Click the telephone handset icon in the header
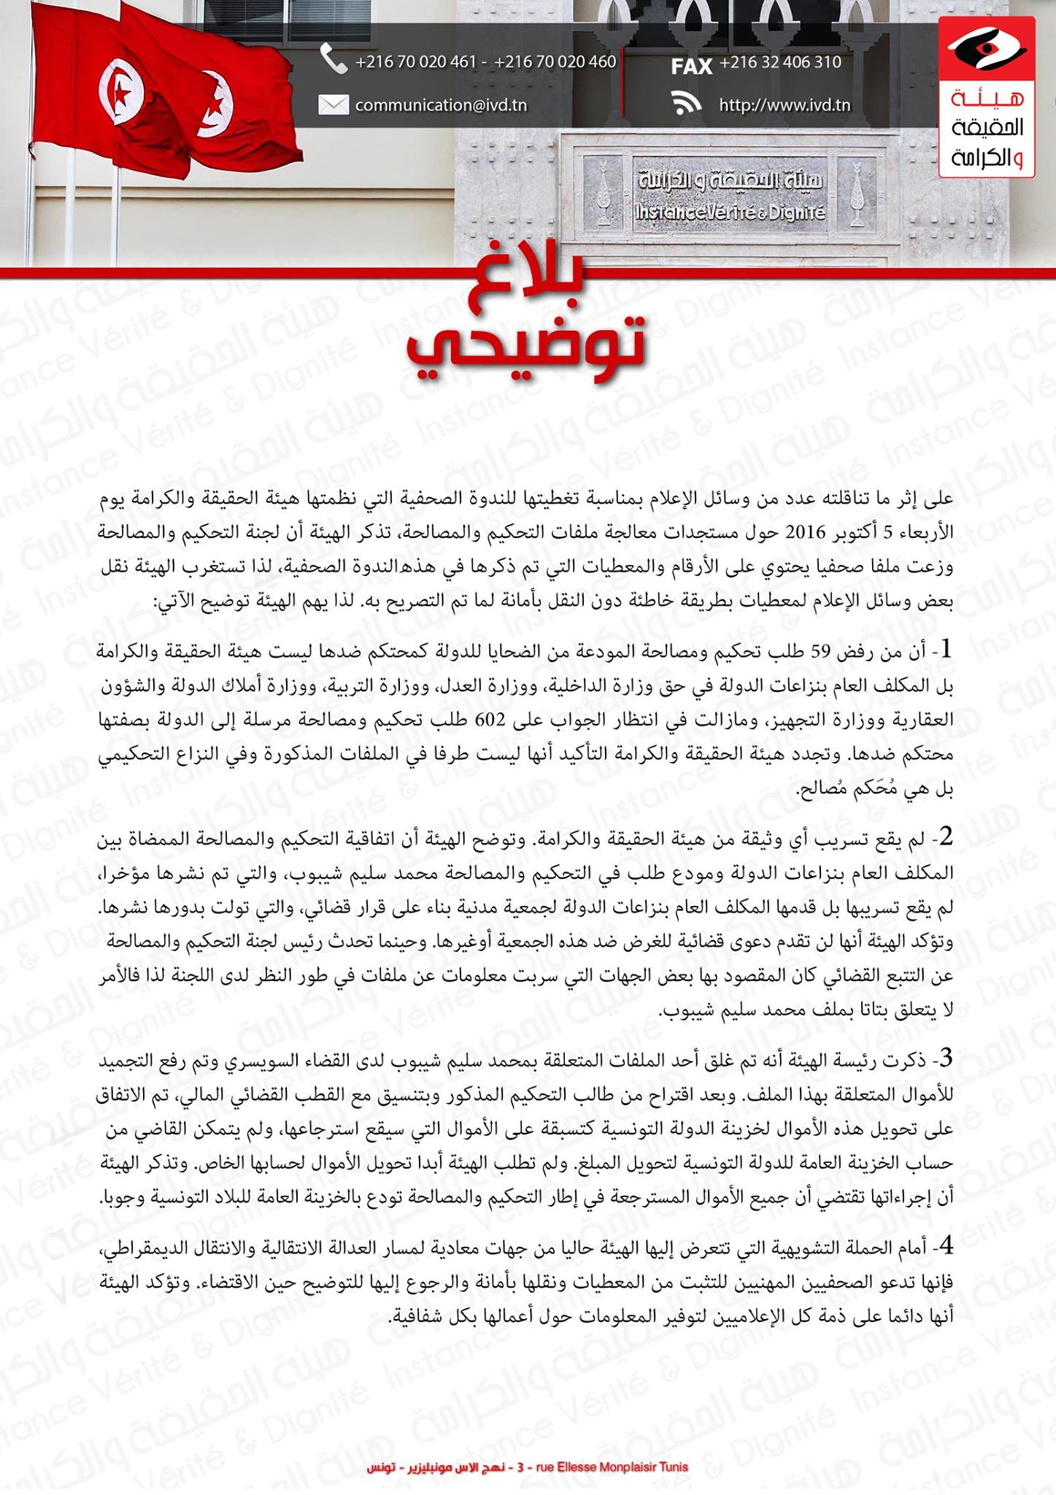(334, 60)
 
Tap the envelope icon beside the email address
(334, 105)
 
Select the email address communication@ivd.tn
(441, 105)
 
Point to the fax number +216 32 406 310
(780, 62)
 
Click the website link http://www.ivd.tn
(785, 105)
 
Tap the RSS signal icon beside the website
(686, 105)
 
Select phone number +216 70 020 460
(555, 62)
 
